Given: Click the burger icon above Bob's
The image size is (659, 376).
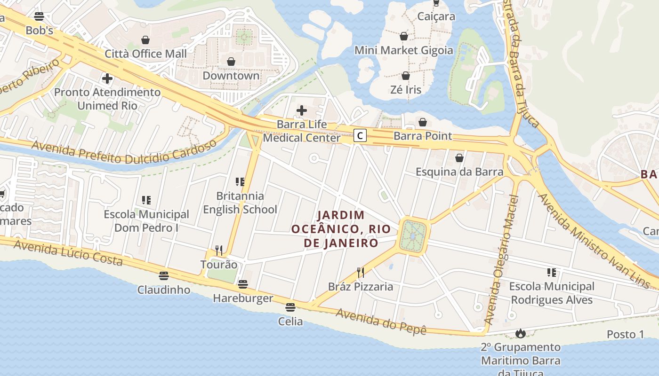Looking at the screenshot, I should [x=39, y=16].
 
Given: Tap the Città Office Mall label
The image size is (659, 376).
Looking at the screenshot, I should [x=145, y=54].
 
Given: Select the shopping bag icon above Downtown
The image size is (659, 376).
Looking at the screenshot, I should [x=231, y=62].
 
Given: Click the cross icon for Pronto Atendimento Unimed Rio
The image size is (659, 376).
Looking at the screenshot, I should [x=107, y=78].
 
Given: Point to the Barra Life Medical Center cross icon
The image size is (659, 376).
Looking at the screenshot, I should [x=302, y=111].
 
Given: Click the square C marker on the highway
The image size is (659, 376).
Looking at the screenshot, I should [x=360, y=136].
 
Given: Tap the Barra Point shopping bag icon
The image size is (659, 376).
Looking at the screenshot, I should [x=423, y=123].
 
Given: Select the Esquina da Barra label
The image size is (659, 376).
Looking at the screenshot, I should [x=459, y=172].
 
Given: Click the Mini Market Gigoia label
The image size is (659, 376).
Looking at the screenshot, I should [x=403, y=50].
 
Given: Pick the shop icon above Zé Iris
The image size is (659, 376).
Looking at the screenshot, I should [x=406, y=76].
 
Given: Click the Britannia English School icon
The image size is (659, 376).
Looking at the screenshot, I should [x=240, y=182].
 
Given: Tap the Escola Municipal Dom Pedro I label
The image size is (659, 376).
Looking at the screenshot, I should [x=146, y=221].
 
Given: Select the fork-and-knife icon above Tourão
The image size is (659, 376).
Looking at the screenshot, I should [x=219, y=250].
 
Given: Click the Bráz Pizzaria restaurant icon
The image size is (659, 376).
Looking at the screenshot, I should [x=361, y=273].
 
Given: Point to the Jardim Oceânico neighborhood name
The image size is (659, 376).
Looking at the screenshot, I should [x=341, y=229].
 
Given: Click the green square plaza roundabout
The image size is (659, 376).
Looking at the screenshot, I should [x=413, y=235].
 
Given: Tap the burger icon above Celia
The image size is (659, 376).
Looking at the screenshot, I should [x=290, y=307].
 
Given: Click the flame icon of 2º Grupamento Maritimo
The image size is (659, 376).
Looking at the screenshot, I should [x=520, y=333].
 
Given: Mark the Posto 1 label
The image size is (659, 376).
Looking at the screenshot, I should [x=625, y=334].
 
